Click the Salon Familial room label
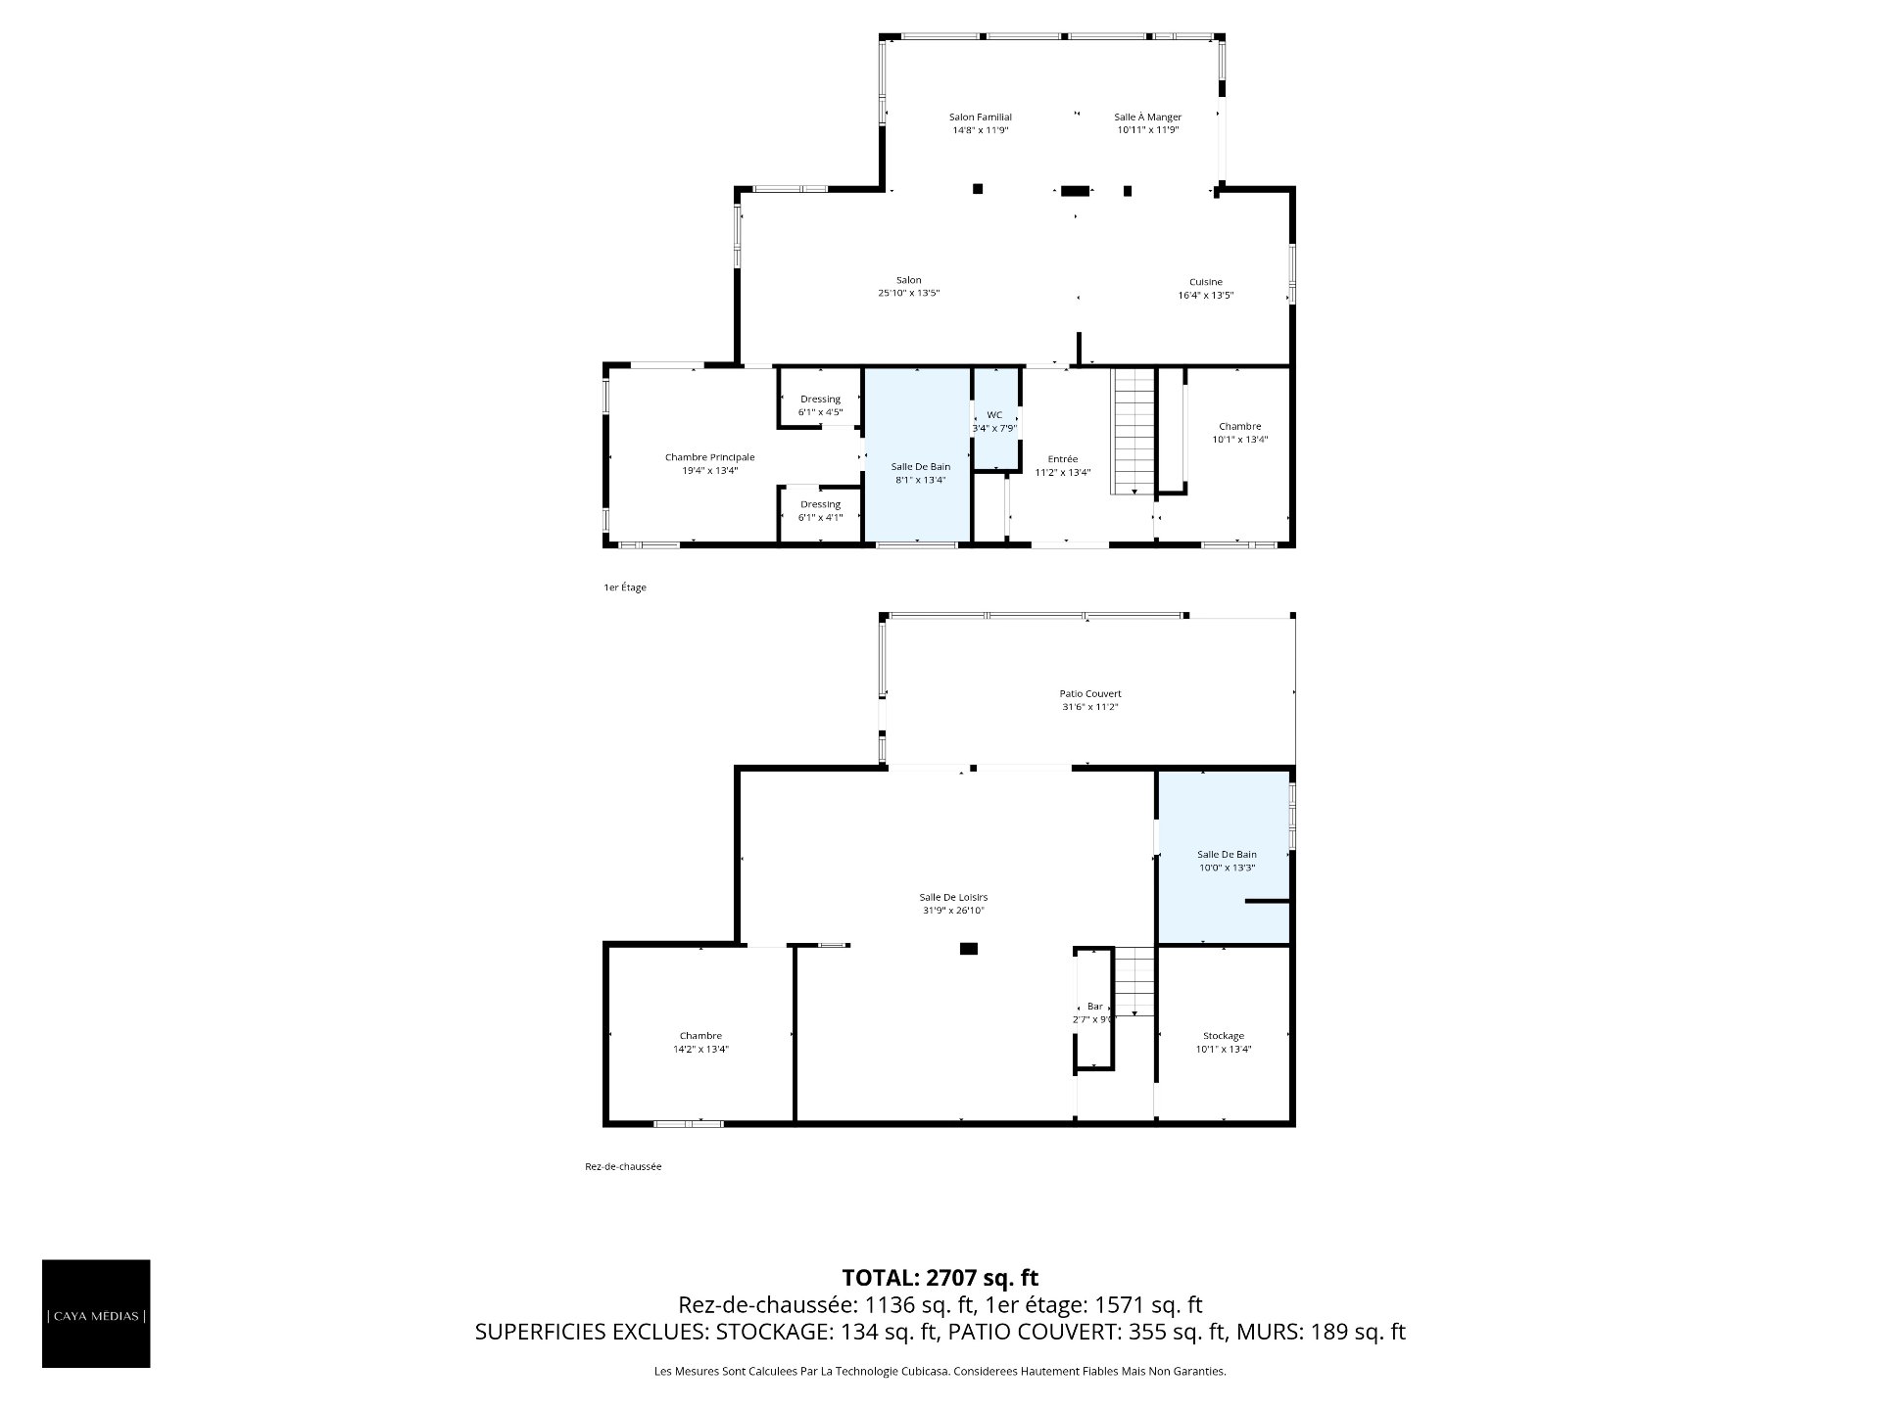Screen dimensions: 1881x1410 pyautogui.click(x=980, y=117)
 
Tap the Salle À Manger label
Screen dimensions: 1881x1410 pyautogui.click(x=1147, y=117)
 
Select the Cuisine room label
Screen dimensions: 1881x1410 pyautogui.click(x=1205, y=282)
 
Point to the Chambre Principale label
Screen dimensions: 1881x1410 pyautogui.click(x=709, y=457)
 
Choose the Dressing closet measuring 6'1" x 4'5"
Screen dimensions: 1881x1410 pyautogui.click(x=820, y=399)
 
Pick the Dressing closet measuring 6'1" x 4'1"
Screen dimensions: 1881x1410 pyautogui.click(x=820, y=511)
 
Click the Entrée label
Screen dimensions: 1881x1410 pyautogui.click(x=1062, y=459)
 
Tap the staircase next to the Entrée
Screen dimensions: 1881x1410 pyautogui.click(x=1134, y=432)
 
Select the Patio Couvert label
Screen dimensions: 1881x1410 pyautogui.click(x=1089, y=693)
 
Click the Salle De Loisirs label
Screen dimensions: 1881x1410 pyautogui.click(x=953, y=897)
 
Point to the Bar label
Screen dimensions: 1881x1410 pyautogui.click(x=1095, y=1007)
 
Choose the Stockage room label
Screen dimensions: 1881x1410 pyautogui.click(x=1224, y=1036)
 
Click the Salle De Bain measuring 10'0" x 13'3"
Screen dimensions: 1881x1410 pyautogui.click(x=1224, y=857)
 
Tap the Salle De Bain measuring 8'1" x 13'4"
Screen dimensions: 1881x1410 pyautogui.click(x=918, y=454)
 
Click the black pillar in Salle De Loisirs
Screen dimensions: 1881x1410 pyautogui.click(x=969, y=948)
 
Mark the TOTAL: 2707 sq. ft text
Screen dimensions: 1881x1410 pyautogui.click(x=940, y=1278)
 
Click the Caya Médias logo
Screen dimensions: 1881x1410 pyautogui.click(x=96, y=1314)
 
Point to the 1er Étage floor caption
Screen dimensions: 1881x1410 pyautogui.click(x=625, y=587)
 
